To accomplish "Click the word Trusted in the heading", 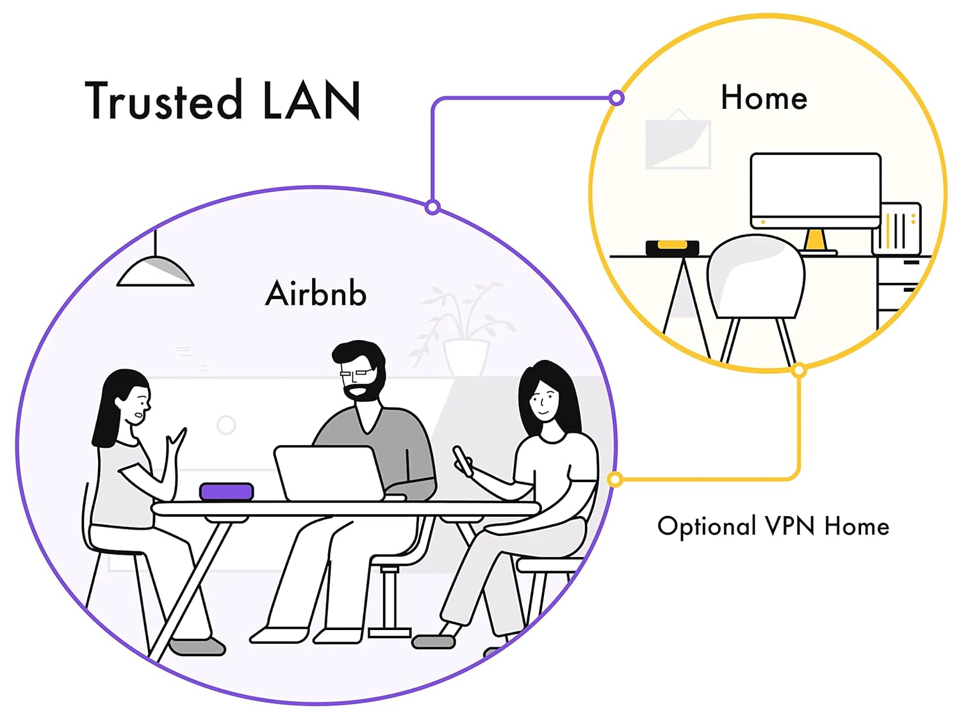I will coord(163,101).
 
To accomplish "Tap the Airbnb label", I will coord(316,294).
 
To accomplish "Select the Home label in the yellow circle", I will coord(764,98).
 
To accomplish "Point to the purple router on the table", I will coord(227,492).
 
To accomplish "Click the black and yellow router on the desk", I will coord(672,247).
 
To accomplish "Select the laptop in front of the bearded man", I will coord(329,473).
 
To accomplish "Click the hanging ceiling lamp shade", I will coord(155,271).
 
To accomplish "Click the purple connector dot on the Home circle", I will coord(616,98).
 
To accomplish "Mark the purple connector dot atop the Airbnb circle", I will coord(432,207).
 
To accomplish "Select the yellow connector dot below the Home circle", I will coord(798,370).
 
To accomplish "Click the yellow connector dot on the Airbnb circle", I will coord(615,479).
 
